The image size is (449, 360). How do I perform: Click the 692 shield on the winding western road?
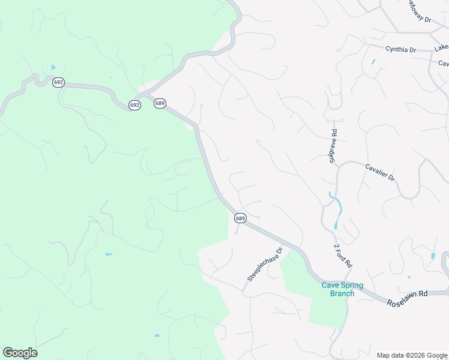pyautogui.click(x=58, y=83)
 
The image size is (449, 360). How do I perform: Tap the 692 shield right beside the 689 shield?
pyautogui.click(x=134, y=105)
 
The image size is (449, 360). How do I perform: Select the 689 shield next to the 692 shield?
pyautogui.click(x=159, y=103)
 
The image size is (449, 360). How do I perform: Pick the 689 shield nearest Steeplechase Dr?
pyautogui.click(x=240, y=218)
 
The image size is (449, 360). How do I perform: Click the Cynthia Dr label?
pyautogui.click(x=401, y=50)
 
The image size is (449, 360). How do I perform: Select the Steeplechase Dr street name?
pyautogui.click(x=265, y=265)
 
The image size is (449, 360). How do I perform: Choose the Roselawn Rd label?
pyautogui.click(x=406, y=293)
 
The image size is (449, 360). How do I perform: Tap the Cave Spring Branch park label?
pyautogui.click(x=338, y=289)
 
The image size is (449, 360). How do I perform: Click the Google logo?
pyautogui.click(x=20, y=353)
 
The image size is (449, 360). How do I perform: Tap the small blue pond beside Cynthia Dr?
pyautogui.click(x=373, y=61)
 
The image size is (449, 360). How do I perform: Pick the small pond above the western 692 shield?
pyautogui.click(x=53, y=67)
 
